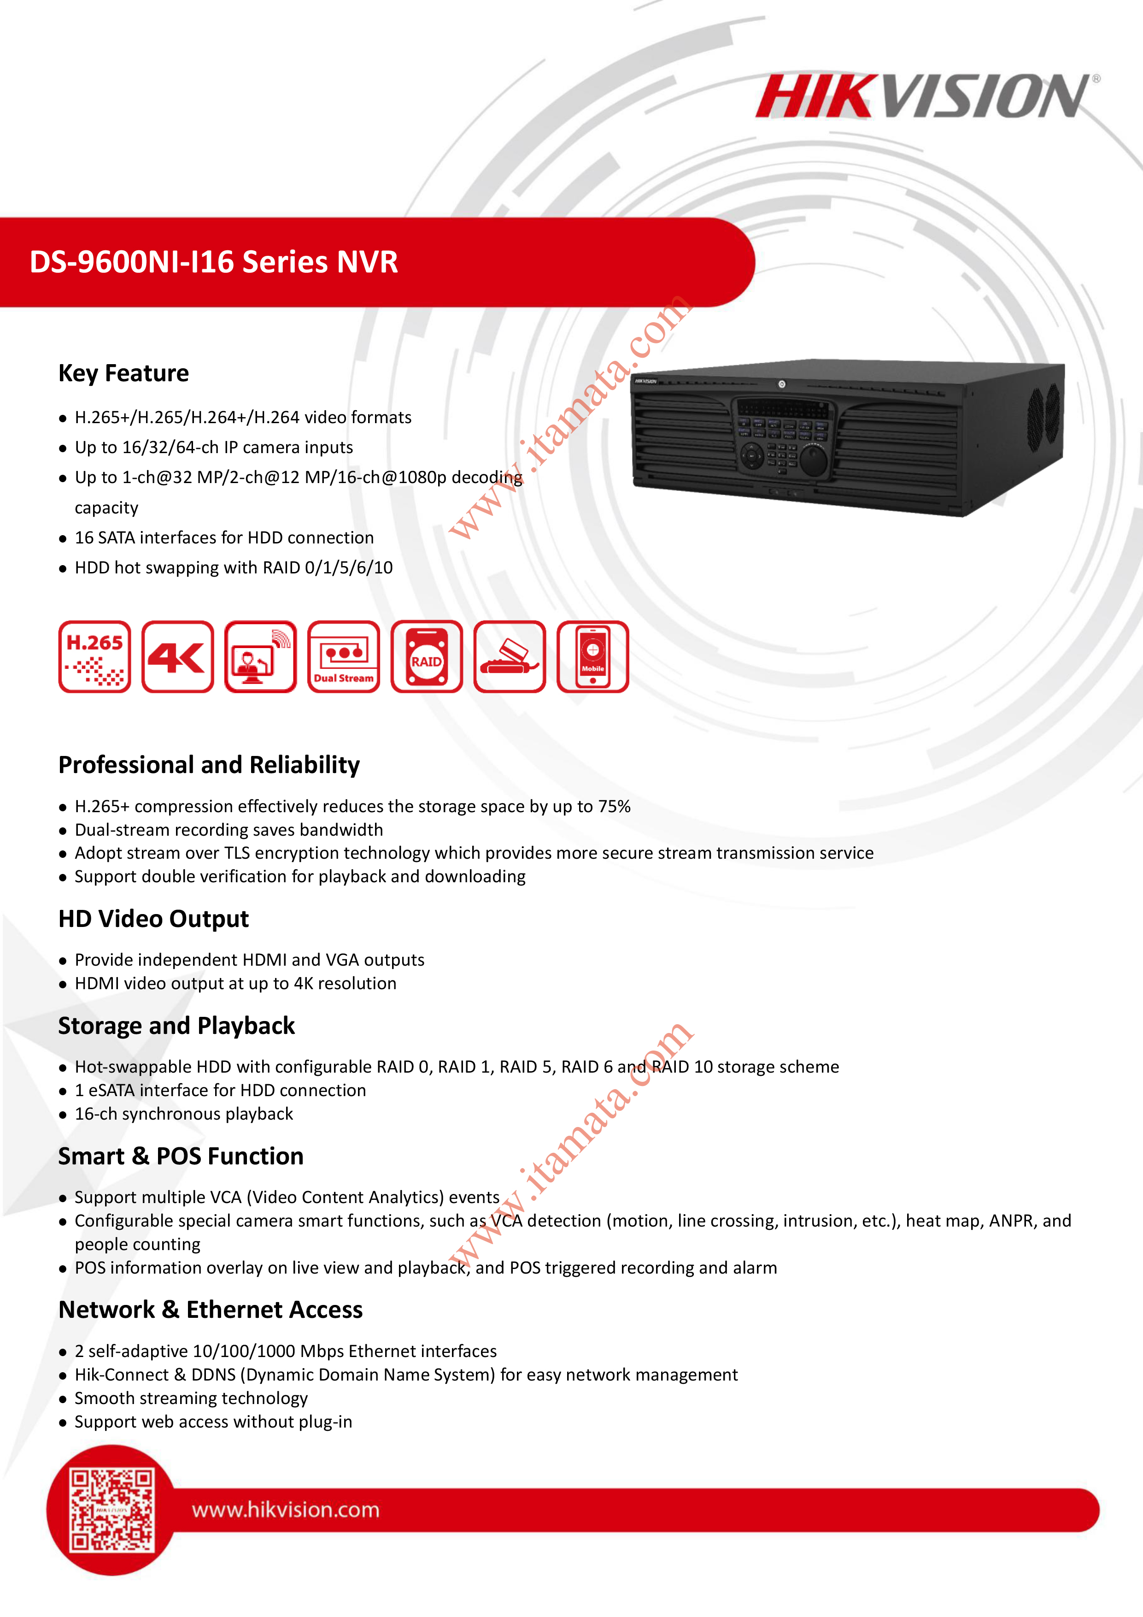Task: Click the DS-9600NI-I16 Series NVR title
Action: click(x=214, y=262)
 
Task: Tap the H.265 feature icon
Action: click(x=95, y=656)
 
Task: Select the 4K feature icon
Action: click(x=177, y=656)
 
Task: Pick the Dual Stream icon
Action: click(x=344, y=656)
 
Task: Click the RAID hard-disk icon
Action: click(x=427, y=656)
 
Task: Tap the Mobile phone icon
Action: click(x=592, y=656)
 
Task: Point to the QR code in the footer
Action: click(x=111, y=1510)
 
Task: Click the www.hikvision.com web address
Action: click(x=286, y=1510)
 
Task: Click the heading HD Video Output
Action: click(x=153, y=919)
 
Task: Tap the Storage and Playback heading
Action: click(x=176, y=1026)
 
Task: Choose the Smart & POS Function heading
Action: click(x=181, y=1157)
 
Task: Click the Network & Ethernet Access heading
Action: click(x=211, y=1310)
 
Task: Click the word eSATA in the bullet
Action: click(x=111, y=1090)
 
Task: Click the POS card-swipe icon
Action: click(x=510, y=656)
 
